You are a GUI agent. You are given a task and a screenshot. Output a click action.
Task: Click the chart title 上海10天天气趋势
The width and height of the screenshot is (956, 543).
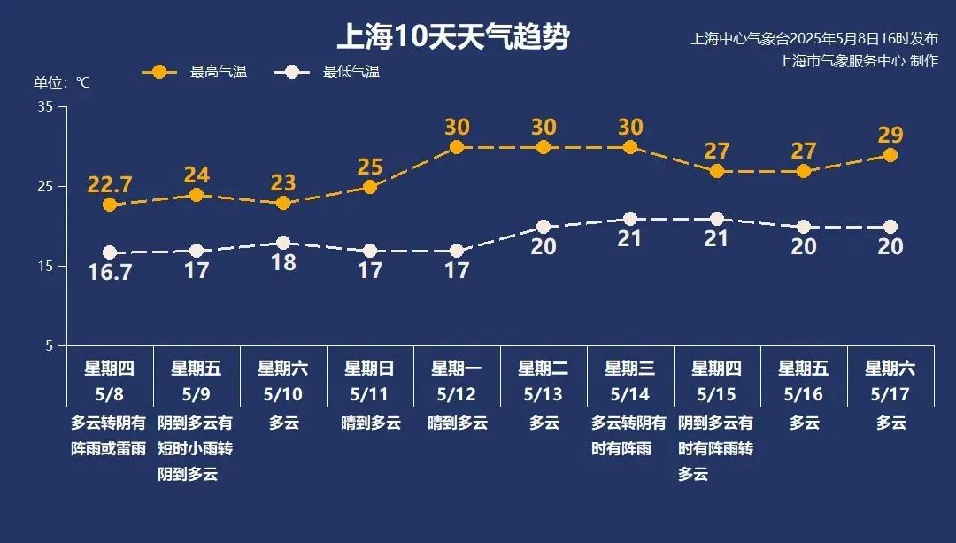(x=453, y=37)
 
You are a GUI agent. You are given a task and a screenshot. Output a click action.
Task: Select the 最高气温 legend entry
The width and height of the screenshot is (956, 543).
(x=195, y=73)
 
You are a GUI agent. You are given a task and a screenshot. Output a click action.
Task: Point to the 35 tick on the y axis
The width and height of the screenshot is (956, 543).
(x=45, y=107)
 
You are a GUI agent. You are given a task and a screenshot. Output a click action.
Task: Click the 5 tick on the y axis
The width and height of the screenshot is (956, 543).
(x=49, y=345)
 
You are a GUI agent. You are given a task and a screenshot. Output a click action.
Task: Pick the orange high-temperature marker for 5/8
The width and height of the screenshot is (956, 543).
(x=110, y=205)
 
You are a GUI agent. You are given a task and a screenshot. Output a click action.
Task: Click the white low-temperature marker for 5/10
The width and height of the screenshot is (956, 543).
(x=283, y=243)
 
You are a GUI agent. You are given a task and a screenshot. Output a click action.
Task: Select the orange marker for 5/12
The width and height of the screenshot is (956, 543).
(x=457, y=147)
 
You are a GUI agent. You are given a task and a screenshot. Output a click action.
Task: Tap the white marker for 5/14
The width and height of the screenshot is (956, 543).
(x=630, y=219)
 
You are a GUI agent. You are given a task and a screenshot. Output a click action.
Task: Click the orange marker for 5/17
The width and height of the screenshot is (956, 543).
(x=890, y=155)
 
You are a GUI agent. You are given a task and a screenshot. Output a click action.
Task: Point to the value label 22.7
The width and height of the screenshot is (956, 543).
(x=110, y=185)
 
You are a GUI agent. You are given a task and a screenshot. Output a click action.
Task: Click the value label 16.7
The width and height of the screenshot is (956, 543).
(x=110, y=273)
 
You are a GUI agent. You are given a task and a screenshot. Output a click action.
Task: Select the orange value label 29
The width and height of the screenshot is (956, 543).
(x=890, y=135)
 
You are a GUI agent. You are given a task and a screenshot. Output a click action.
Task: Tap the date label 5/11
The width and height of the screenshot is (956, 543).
(x=369, y=393)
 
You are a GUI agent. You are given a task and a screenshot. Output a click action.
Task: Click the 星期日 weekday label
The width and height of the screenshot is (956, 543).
(x=369, y=368)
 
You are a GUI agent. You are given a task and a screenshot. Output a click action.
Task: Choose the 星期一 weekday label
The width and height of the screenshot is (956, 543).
(x=456, y=368)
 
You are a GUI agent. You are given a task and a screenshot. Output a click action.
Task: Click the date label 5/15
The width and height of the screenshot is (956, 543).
(x=716, y=393)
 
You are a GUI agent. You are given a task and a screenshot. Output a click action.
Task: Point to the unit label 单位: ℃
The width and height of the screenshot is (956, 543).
(x=62, y=82)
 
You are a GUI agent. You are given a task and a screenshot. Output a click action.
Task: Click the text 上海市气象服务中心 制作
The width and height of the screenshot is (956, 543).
(x=858, y=61)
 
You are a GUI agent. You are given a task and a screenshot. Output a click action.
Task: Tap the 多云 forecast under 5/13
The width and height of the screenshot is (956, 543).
(x=544, y=423)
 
